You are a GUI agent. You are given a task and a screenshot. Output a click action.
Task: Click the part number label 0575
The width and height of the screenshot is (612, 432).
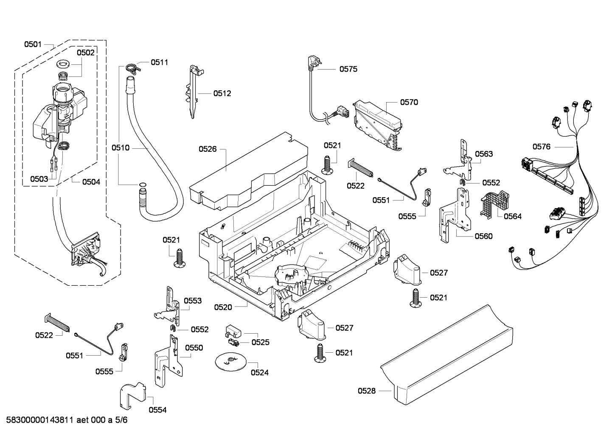click(348, 69)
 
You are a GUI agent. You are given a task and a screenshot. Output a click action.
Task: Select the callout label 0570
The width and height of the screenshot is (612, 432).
click(409, 102)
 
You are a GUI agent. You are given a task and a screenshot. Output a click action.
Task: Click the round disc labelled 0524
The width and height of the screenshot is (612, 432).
click(231, 362)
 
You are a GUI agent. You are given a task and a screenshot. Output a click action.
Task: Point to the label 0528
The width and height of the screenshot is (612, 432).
click(367, 391)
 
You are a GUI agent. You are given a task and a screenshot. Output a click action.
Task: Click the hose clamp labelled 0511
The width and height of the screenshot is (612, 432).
click(134, 67)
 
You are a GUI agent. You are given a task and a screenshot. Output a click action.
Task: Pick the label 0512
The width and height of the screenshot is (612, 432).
click(222, 93)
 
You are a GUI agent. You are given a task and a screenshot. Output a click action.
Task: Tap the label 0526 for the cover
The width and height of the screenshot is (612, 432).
click(208, 149)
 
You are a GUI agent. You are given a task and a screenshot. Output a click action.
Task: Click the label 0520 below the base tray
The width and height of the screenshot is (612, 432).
click(223, 307)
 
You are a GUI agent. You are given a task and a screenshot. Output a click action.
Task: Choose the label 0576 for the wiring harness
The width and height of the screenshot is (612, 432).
click(542, 147)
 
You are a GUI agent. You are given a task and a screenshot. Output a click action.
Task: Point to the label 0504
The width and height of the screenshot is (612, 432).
click(91, 182)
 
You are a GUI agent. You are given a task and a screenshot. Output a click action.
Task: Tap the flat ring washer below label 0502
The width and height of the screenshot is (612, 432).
click(63, 65)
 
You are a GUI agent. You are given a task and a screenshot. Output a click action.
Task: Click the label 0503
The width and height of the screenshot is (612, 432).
click(39, 179)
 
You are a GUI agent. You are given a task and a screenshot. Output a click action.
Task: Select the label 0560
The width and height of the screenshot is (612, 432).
click(483, 236)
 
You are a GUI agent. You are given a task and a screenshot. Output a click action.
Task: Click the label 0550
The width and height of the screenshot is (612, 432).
click(194, 348)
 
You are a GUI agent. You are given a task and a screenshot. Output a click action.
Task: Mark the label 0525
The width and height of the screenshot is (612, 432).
click(260, 342)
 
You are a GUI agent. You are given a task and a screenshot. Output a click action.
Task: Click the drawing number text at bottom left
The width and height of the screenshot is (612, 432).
click(67, 420)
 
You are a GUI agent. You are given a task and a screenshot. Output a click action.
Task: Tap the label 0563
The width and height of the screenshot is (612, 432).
click(484, 154)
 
